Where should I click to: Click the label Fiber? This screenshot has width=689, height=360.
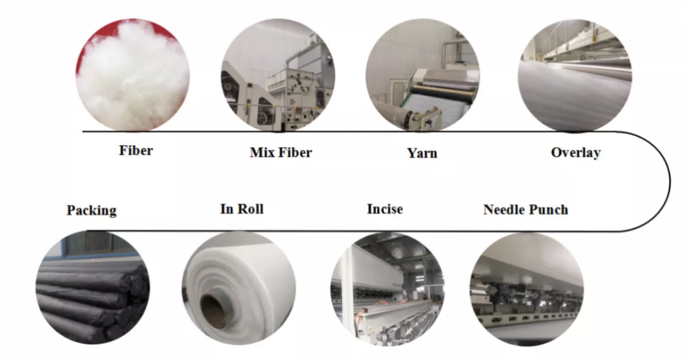coord(136,151)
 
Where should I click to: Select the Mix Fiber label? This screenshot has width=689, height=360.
coord(281,153)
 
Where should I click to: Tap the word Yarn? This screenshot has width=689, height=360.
coord(422,153)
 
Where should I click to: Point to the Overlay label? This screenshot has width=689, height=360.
coord(576,153)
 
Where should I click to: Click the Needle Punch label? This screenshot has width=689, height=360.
coord(526,210)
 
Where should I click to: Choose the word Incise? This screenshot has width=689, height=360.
coord(385,209)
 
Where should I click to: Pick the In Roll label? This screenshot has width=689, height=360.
coord(242,209)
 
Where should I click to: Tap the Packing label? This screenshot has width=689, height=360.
coord(92,210)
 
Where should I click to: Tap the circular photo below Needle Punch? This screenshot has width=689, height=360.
coord(526,288)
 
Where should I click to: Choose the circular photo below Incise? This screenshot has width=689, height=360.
coord(387,288)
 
